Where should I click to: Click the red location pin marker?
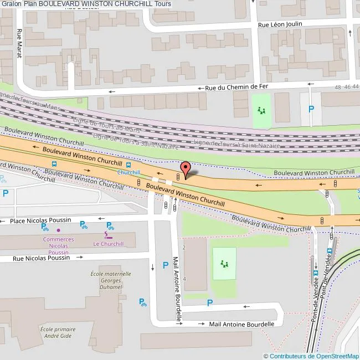pos(186,169)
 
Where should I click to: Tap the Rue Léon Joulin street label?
pos(282,25)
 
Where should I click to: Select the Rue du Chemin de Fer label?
pos(236,88)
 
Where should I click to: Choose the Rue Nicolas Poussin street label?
pos(39,258)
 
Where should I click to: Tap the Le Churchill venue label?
pos(109,244)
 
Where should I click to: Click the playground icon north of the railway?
pos(261,110)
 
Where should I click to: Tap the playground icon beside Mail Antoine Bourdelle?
pos(224,263)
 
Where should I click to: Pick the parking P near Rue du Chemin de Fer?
pos(311,109)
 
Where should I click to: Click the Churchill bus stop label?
pos(128,172)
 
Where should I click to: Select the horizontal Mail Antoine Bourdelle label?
pos(241,324)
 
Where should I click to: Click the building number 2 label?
pos(184,247)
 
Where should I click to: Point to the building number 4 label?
pos(184,279)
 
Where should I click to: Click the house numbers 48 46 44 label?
pos(347,87)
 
